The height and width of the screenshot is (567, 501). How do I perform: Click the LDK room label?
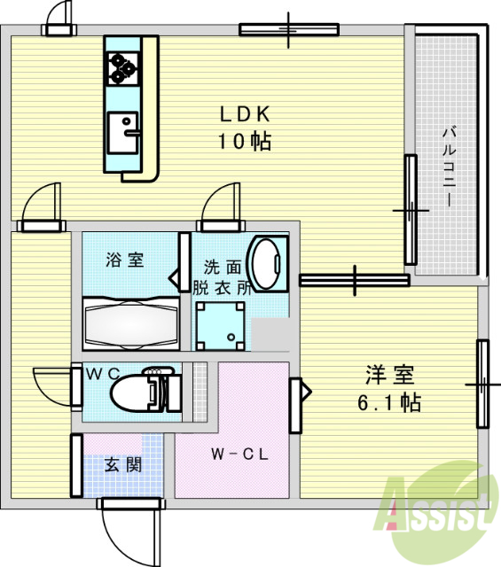click(244, 114)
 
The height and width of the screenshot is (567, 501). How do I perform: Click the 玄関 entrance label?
click(122, 464)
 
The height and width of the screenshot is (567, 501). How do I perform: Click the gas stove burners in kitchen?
click(121, 67)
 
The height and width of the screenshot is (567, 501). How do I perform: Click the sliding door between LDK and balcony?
click(411, 210)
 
